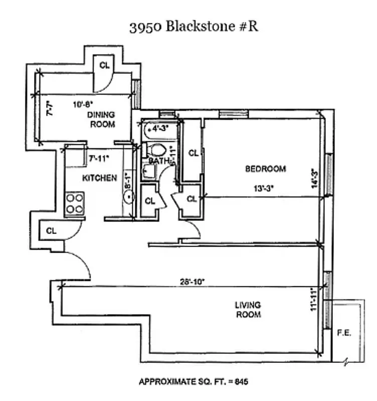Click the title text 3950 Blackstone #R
(x=194, y=27)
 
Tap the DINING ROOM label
(x=102, y=119)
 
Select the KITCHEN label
(x=99, y=177)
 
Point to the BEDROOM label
(x=265, y=169)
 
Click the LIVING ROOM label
(x=248, y=310)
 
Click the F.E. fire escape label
(x=343, y=332)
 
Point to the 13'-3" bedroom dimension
(x=262, y=189)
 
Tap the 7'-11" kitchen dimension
(x=99, y=158)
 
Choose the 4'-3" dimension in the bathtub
(x=160, y=128)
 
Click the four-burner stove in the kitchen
(x=74, y=204)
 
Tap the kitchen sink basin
(x=128, y=197)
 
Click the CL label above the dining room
(x=104, y=65)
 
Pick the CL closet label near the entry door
(x=51, y=231)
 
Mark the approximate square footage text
(x=193, y=382)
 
